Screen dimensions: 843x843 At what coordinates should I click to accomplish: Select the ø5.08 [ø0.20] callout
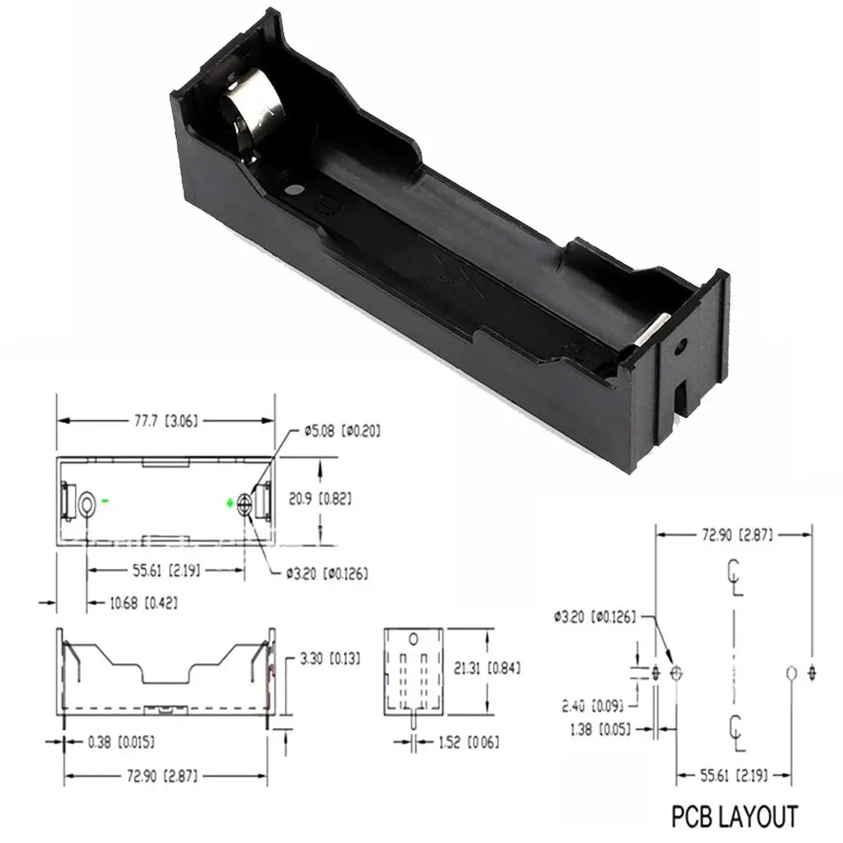point(341,432)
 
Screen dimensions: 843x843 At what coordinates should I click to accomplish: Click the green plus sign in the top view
point(229,503)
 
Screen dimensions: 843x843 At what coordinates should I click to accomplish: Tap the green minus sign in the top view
point(106,502)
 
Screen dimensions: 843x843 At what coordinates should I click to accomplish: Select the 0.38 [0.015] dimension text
point(121,743)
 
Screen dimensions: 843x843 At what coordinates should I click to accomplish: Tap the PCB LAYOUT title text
point(733,817)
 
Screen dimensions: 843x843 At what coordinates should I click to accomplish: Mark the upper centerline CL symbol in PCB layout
point(735,577)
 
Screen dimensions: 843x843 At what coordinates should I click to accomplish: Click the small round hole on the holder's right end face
point(681,345)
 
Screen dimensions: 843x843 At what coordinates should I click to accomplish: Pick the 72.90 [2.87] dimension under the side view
point(165,774)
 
